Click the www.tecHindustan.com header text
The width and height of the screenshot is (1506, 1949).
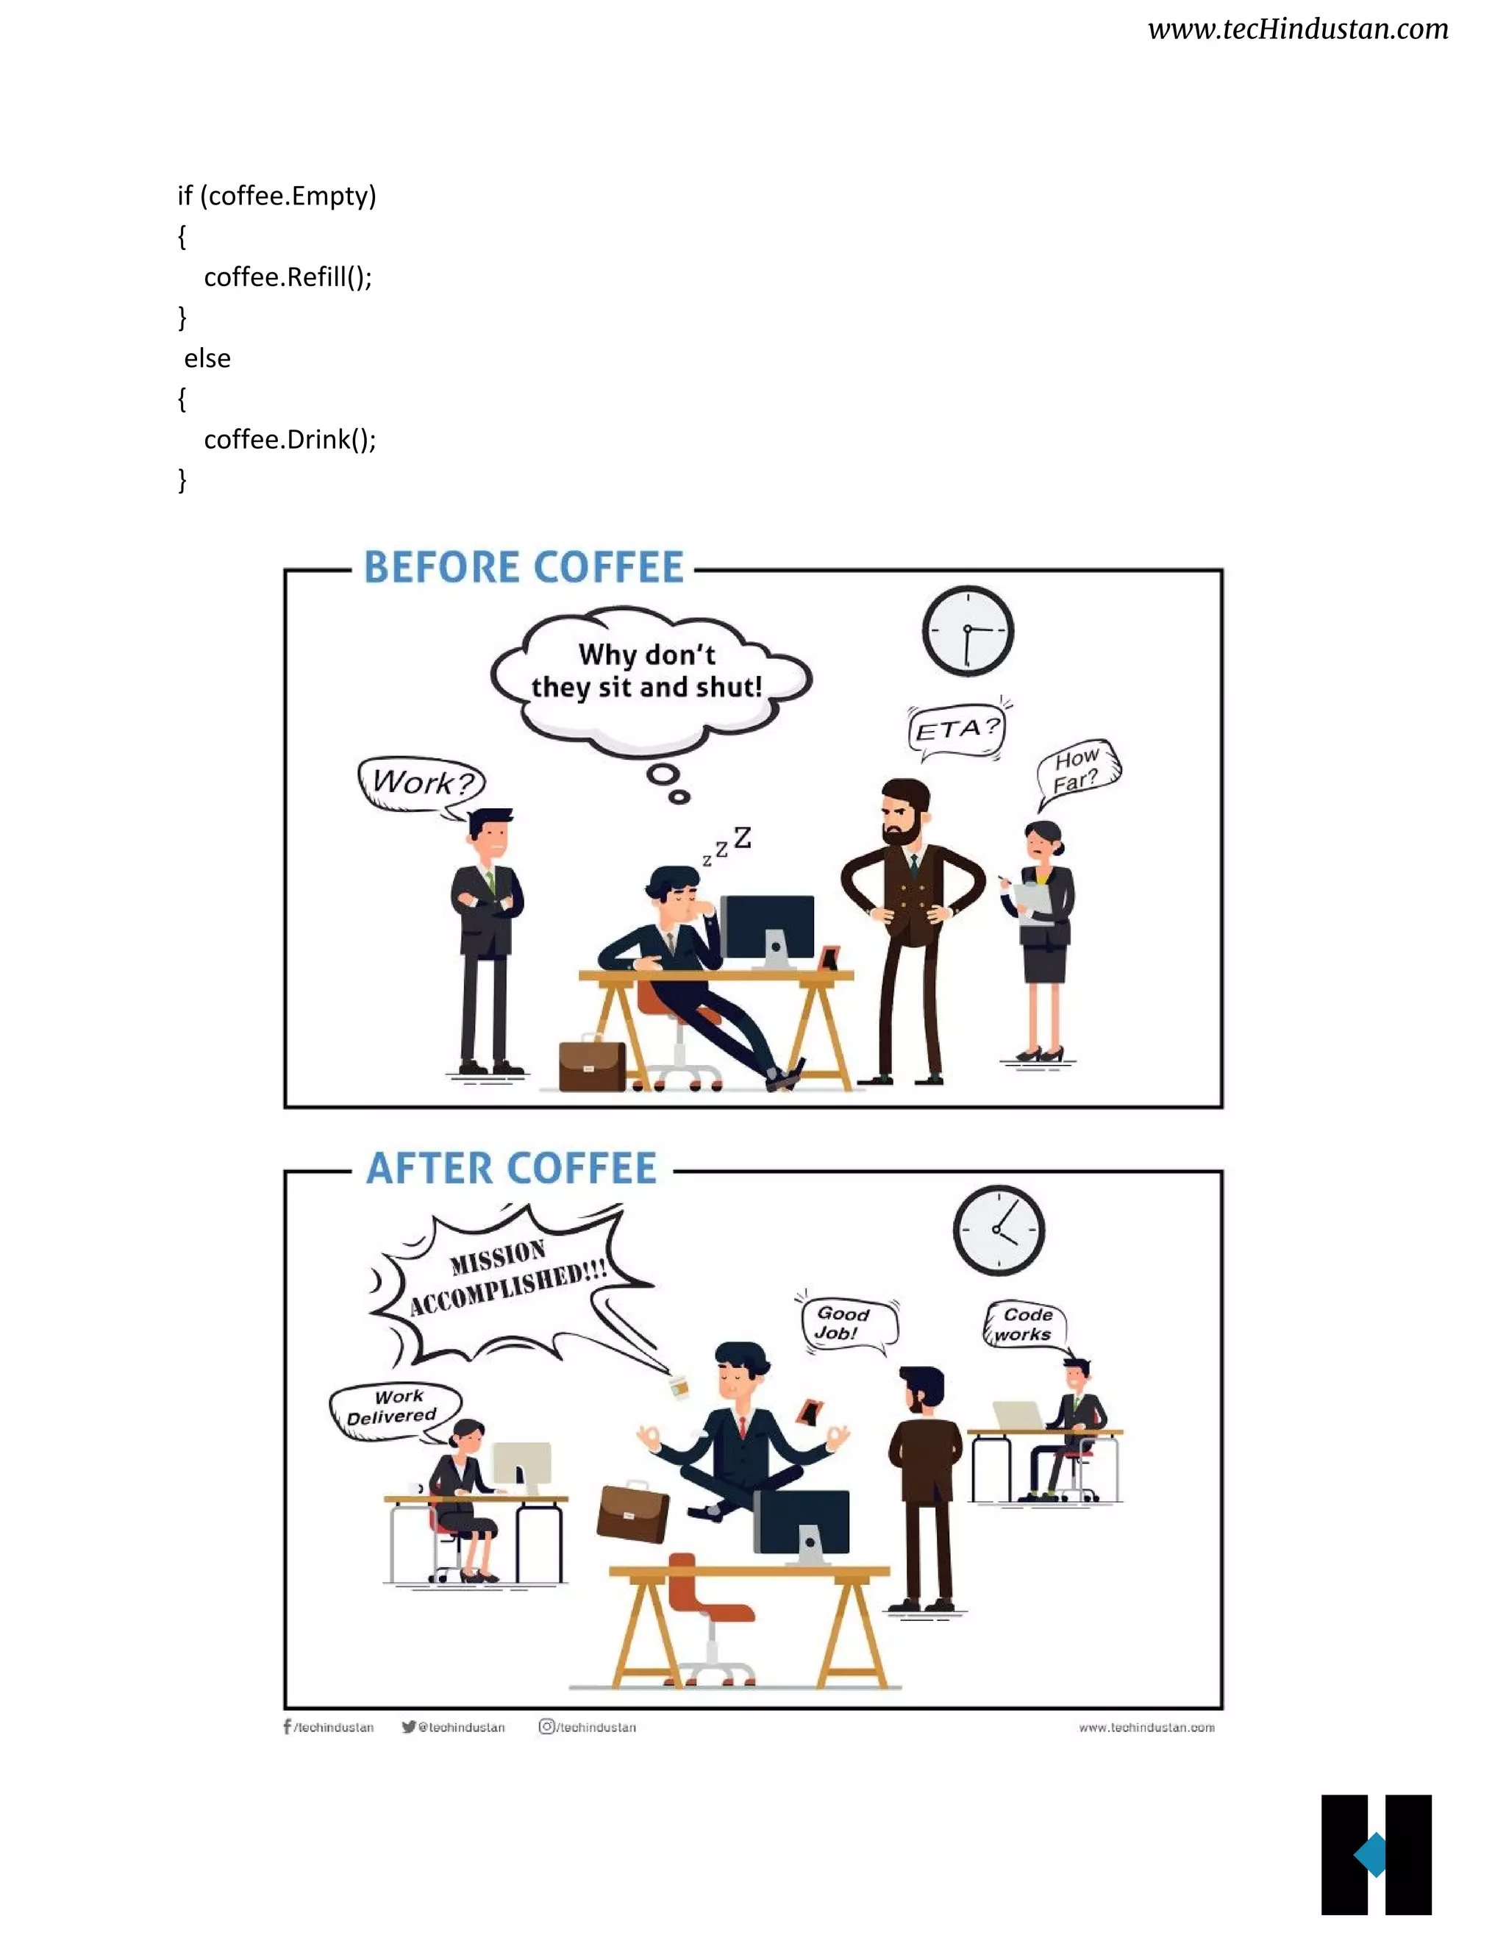[1297, 29]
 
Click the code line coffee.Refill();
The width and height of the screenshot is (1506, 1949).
[288, 277]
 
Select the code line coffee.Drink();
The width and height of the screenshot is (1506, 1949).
[290, 440]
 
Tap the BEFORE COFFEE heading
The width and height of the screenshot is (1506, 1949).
[524, 568]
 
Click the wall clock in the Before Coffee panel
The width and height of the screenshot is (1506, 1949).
[967, 630]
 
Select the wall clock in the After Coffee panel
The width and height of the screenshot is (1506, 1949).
[999, 1230]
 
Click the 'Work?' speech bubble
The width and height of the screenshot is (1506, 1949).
[421, 783]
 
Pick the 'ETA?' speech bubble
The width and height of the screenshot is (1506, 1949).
[957, 731]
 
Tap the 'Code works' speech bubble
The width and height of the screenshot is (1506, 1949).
[1026, 1325]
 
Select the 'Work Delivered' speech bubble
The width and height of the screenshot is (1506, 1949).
[393, 1409]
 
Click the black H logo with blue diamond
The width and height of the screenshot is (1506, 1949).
[1376, 1854]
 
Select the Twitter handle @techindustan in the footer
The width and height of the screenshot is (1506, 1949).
[454, 1728]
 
